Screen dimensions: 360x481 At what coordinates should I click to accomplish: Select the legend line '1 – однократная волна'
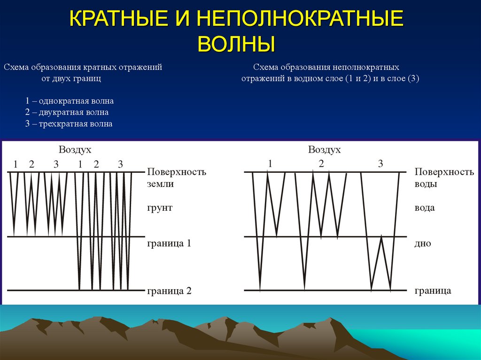(x=70, y=101)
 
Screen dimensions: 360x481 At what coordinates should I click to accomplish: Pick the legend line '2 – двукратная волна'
(x=67, y=113)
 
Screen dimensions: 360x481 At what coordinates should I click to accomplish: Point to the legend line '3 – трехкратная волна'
(x=69, y=124)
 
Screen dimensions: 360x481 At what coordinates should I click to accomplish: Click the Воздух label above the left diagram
(x=75, y=150)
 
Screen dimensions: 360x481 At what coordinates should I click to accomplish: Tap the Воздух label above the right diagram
(x=324, y=150)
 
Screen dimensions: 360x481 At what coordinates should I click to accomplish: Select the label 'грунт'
(x=160, y=207)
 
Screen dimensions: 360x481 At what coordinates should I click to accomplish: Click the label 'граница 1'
(x=169, y=244)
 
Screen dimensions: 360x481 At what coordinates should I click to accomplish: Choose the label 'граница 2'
(x=169, y=291)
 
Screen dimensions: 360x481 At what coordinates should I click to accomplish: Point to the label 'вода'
(x=425, y=207)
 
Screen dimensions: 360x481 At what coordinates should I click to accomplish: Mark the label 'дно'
(x=423, y=244)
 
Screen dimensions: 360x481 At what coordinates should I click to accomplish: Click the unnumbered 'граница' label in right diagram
(x=433, y=291)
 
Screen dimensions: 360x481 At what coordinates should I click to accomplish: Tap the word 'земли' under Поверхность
(x=160, y=184)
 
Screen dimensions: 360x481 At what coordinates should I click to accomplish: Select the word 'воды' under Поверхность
(x=426, y=184)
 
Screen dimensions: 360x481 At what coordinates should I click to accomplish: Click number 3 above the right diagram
(x=380, y=164)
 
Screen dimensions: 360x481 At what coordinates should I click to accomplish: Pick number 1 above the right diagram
(x=270, y=163)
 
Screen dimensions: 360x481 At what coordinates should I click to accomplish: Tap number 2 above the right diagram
(x=321, y=163)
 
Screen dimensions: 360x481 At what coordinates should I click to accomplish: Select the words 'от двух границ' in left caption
(x=71, y=79)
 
